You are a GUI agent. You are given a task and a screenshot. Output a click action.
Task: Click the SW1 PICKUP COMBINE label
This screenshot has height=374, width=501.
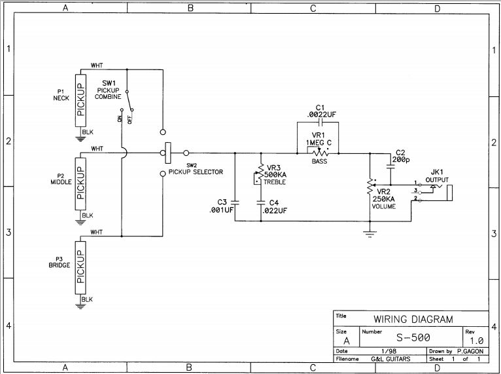(x=109, y=90)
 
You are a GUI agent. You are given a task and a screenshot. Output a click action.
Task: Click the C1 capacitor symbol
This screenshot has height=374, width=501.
(x=320, y=122)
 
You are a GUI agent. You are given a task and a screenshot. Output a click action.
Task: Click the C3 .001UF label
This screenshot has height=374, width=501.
(x=221, y=206)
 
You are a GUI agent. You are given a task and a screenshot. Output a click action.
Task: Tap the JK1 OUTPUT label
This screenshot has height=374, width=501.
(x=436, y=175)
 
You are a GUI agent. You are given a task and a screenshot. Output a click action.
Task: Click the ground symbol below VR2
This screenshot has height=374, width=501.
(x=370, y=232)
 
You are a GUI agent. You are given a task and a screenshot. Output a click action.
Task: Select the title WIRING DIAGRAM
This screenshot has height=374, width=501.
(x=413, y=320)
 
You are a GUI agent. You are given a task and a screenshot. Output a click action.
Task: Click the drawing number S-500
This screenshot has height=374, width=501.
(x=413, y=339)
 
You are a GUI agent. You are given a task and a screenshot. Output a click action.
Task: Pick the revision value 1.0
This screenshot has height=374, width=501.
(x=475, y=341)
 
